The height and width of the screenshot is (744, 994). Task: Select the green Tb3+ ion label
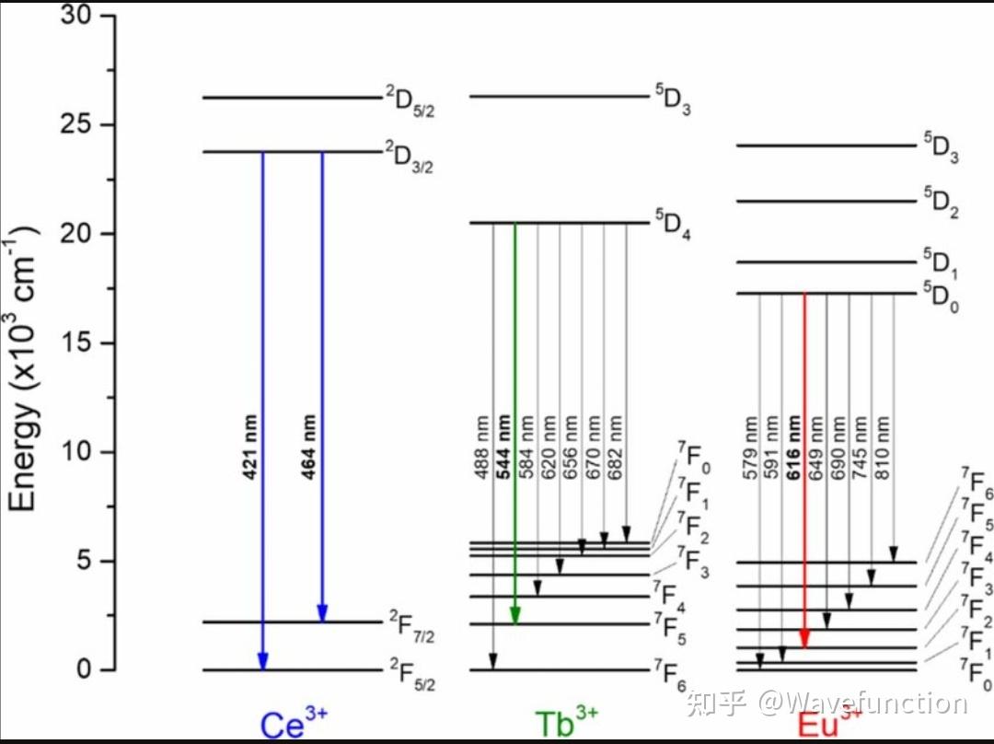point(566,723)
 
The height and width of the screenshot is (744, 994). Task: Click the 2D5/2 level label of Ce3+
point(409,98)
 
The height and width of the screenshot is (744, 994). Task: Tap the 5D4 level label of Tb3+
point(672,227)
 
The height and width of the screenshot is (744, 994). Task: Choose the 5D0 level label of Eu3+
point(941,298)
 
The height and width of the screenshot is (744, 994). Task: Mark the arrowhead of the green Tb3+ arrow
point(515,615)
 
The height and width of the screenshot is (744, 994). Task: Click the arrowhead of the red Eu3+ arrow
point(804,639)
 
